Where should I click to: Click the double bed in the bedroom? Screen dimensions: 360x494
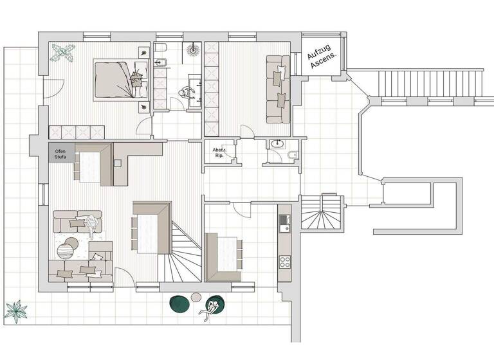[119, 78]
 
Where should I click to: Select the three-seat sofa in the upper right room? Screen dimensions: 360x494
[279, 89]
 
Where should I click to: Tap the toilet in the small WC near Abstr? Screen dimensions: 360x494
[291, 155]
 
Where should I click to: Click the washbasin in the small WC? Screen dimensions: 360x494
[277, 144]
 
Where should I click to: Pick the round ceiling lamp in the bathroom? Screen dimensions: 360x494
[193, 49]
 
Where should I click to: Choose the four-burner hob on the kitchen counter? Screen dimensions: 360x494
[284, 260]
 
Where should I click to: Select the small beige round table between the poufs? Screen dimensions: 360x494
[197, 298]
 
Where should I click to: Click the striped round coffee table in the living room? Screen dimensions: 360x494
[68, 247]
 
